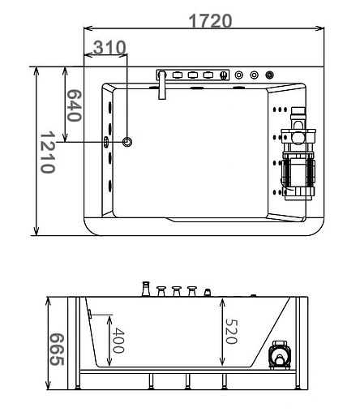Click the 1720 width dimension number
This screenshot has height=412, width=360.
click(210, 20)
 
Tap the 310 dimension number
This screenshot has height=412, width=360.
click(109, 47)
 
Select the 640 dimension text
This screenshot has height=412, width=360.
click(73, 105)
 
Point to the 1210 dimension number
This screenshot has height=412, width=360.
click(47, 152)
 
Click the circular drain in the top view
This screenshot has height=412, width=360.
click(126, 142)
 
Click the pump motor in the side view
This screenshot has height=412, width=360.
click(281, 354)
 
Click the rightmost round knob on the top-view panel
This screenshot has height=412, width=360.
click(269, 75)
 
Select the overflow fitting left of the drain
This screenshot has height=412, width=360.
click(106, 142)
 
